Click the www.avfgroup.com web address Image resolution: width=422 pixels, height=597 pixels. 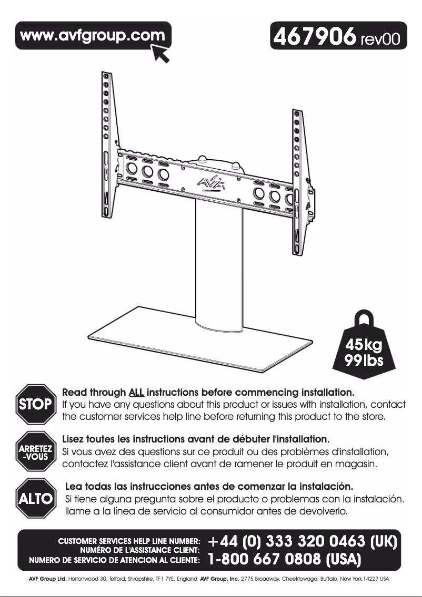click(x=92, y=36)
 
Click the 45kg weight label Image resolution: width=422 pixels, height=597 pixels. click(x=364, y=346)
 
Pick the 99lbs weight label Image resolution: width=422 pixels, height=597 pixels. click(x=364, y=362)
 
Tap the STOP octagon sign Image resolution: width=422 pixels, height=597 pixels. click(x=35, y=404)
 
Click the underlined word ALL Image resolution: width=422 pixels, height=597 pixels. click(x=136, y=393)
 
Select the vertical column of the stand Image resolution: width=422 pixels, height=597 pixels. click(x=217, y=263)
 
